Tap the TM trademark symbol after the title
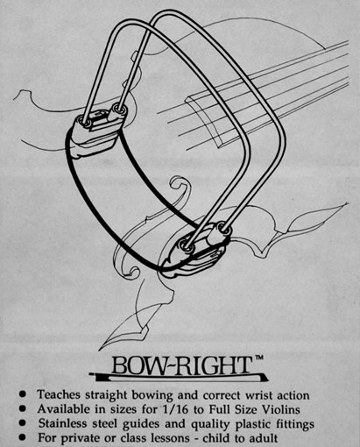click(x=258, y=358)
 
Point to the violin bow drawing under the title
click(x=179, y=378)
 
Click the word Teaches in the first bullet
click(x=59, y=394)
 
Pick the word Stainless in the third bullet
click(x=62, y=423)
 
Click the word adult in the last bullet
click(x=264, y=438)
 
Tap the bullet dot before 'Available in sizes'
click(x=23, y=408)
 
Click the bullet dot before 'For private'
click(x=23, y=437)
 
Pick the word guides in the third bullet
click(x=141, y=424)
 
